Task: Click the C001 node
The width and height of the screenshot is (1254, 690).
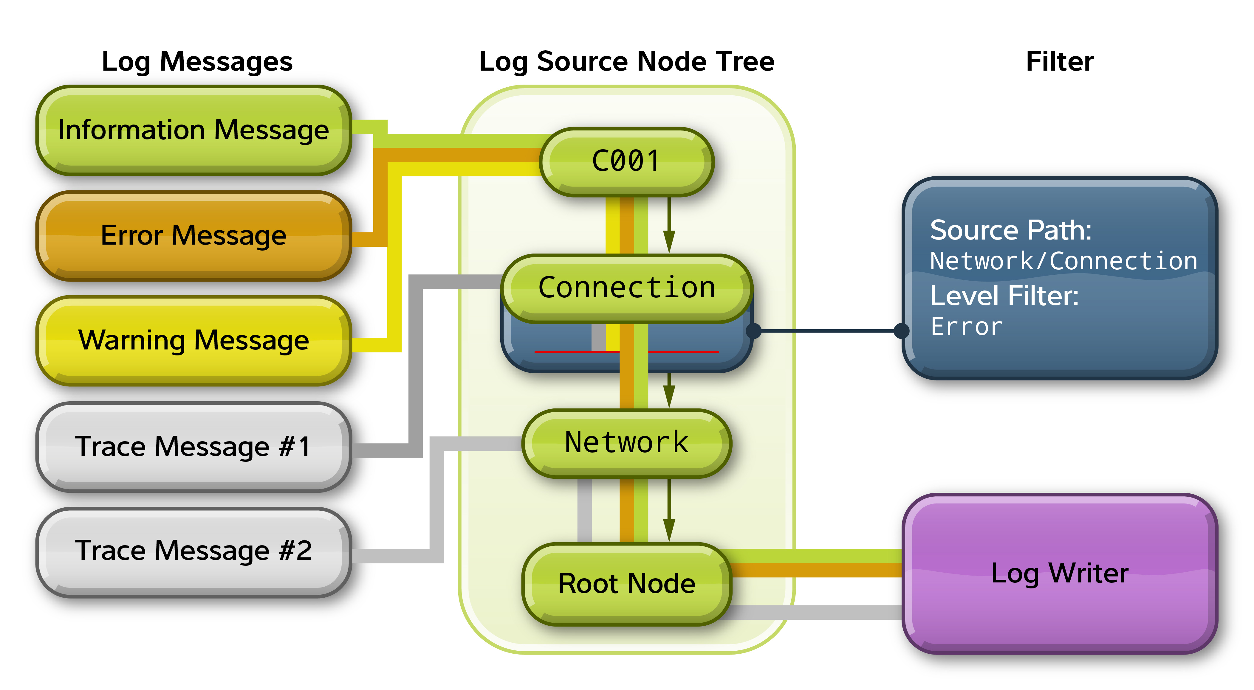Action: [x=626, y=161]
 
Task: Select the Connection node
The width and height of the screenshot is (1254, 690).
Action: [x=626, y=288]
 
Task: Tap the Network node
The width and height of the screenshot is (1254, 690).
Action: [x=626, y=443]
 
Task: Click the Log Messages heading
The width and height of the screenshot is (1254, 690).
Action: [x=197, y=62]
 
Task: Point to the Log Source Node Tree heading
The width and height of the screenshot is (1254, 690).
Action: [x=626, y=62]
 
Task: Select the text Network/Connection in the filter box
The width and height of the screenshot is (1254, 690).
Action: [x=1063, y=261]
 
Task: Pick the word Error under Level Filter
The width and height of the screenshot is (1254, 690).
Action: [x=966, y=327]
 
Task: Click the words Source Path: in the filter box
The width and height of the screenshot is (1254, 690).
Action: [x=1011, y=230]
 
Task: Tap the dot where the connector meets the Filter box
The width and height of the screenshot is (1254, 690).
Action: [x=902, y=331]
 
